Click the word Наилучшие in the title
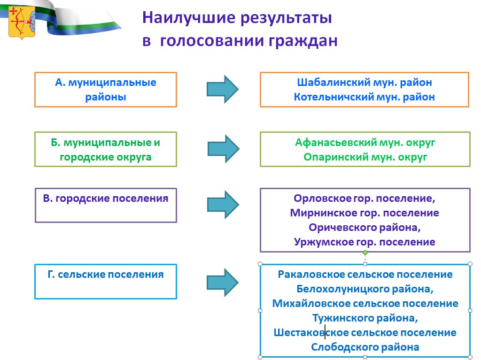[189, 18]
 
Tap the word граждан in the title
[303, 41]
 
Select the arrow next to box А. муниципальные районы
[222, 89]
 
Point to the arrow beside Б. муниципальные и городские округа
[223, 149]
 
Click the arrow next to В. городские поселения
[223, 205]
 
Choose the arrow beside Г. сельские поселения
[222, 283]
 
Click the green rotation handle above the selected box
[365, 253]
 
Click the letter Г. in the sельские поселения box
[51, 274]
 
